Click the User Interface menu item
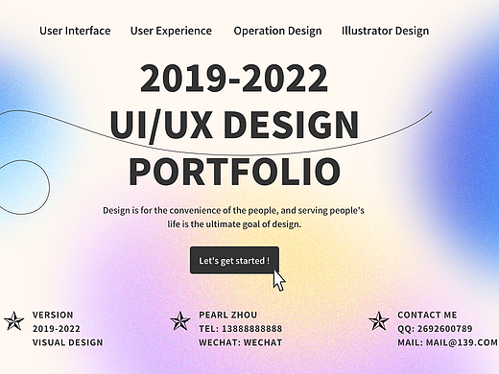pyautogui.click(x=75, y=31)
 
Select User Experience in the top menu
pyautogui.click(x=171, y=31)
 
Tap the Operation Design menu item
pyautogui.click(x=277, y=31)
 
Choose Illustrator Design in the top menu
pyautogui.click(x=385, y=31)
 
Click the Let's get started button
pyautogui.click(x=234, y=260)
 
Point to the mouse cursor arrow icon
pyautogui.click(x=279, y=280)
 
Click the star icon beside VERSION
pyautogui.click(x=14, y=321)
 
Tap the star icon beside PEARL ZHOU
pyautogui.click(x=179, y=321)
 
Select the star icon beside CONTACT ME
pyautogui.click(x=379, y=321)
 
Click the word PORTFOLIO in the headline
pyautogui.click(x=234, y=171)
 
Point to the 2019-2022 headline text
pyautogui.click(x=234, y=79)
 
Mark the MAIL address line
pyautogui.click(x=447, y=341)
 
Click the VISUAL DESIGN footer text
pyautogui.click(x=68, y=341)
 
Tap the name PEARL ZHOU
pyautogui.click(x=229, y=315)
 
